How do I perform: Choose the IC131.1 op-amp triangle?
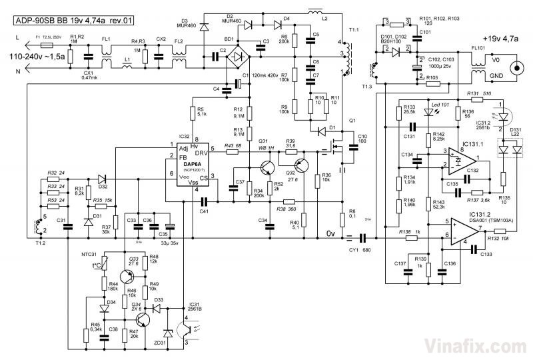coord(466,159)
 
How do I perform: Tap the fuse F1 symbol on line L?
coord(46,45)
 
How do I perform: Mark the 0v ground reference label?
coord(331,233)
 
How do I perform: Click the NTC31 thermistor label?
coord(99,253)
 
